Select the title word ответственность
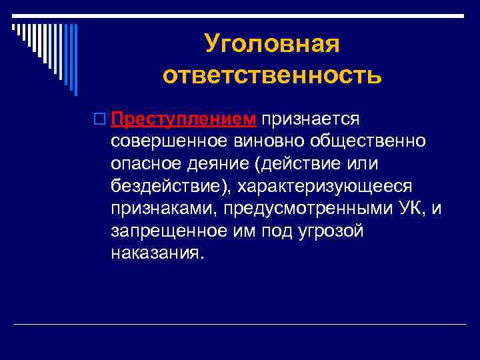click(272, 75)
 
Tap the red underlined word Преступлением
click(184, 119)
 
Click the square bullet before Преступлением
click(101, 119)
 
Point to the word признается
click(311, 119)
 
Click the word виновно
click(266, 141)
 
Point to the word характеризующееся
click(327, 186)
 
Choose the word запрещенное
click(168, 231)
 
